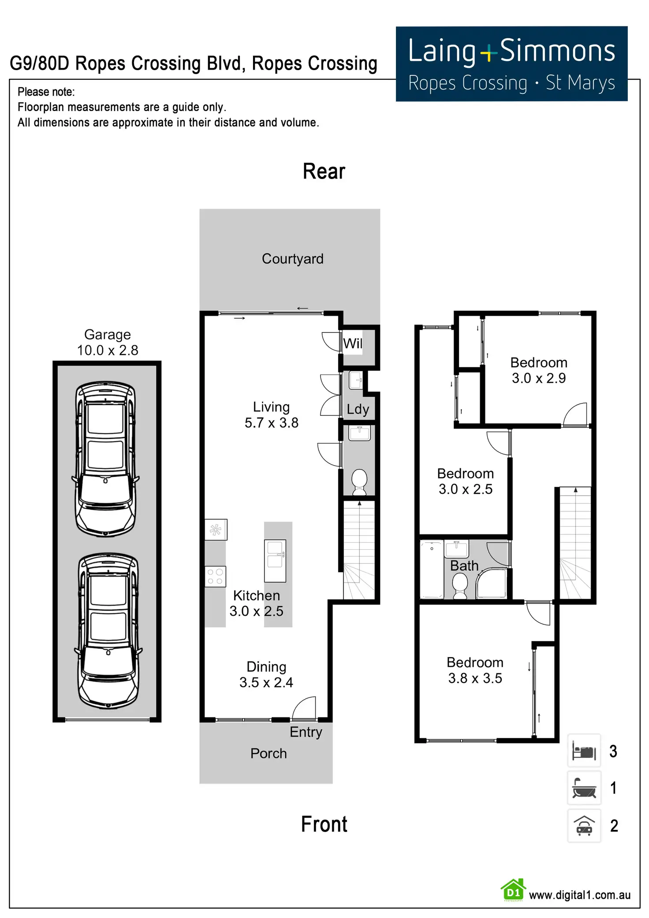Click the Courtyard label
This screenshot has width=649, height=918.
coord(292,259)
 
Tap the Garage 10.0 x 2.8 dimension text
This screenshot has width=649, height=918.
coord(108,350)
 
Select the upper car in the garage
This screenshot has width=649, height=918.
coord(106,459)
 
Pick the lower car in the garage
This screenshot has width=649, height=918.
coord(108,631)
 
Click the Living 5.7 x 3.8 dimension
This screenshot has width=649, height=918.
coord(272,422)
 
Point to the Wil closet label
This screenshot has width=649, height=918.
coord(353,343)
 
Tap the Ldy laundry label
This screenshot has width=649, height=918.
coord(358,409)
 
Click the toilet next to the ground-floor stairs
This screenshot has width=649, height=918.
coord(359,481)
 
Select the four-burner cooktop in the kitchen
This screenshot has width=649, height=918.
coord(216,576)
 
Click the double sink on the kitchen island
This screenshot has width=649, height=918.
coord(275,560)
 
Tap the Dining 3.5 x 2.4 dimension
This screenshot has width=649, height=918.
coord(266,682)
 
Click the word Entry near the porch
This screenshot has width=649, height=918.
coord(306,732)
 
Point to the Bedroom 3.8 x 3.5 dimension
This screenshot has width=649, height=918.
coord(475,678)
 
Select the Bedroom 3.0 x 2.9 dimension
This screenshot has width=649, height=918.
coord(539,378)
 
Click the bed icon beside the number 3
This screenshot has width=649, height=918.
coord(584,750)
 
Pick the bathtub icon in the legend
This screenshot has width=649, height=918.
coord(584,788)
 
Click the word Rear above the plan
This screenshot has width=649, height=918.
coord(324,172)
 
